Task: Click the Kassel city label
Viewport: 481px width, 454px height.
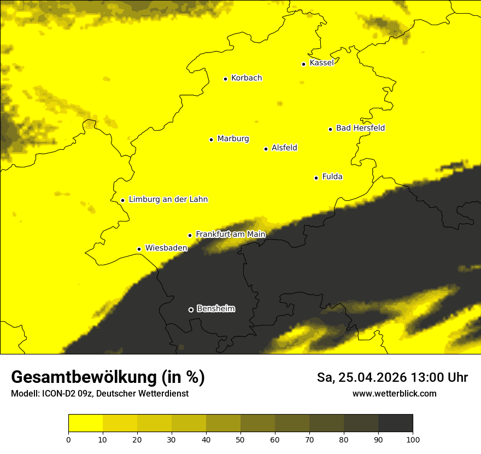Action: click(x=321, y=63)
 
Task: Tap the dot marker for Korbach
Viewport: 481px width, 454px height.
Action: click(x=225, y=79)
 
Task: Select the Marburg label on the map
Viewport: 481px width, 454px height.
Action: click(x=233, y=139)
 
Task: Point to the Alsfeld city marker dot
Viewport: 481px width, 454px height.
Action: click(x=266, y=149)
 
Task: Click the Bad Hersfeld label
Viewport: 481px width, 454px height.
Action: click(x=360, y=128)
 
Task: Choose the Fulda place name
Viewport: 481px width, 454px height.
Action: click(x=332, y=177)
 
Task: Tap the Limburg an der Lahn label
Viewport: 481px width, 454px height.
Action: click(x=168, y=200)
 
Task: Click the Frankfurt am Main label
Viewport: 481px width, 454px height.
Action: click(x=230, y=235)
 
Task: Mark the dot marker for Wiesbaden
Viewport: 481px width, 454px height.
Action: click(x=139, y=249)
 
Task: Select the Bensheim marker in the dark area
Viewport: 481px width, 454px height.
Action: click(x=191, y=310)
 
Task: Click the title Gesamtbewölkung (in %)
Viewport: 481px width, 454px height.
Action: click(x=108, y=377)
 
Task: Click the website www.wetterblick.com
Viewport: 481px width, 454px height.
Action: click(x=394, y=393)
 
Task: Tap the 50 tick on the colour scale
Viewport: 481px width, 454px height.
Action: click(x=241, y=439)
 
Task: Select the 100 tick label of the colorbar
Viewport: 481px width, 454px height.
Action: click(x=413, y=439)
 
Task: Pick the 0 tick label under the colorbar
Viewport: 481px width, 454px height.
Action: click(x=68, y=439)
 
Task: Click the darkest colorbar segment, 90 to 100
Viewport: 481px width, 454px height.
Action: click(x=395, y=423)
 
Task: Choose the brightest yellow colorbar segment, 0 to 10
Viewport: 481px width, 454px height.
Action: click(x=85, y=423)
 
